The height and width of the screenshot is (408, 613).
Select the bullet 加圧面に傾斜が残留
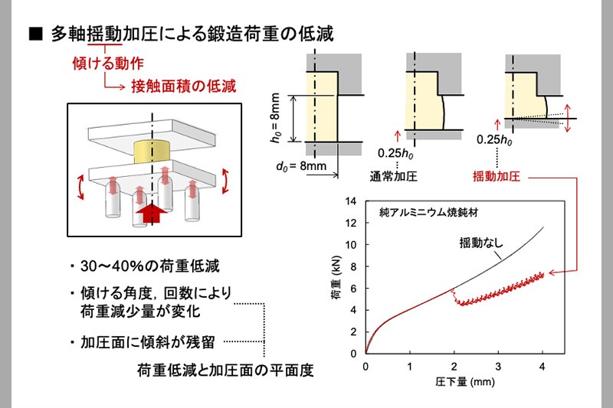click(x=149, y=341)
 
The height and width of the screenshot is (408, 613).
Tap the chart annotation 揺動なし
click(x=481, y=243)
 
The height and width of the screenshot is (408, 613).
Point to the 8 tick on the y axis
click(x=353, y=266)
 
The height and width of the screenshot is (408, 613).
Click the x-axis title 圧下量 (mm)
click(x=455, y=381)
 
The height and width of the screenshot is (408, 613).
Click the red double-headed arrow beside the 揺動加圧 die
click(x=567, y=119)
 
